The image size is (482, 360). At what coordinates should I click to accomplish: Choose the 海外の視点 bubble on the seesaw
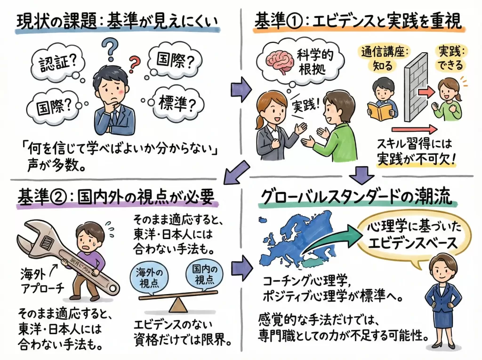149,278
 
